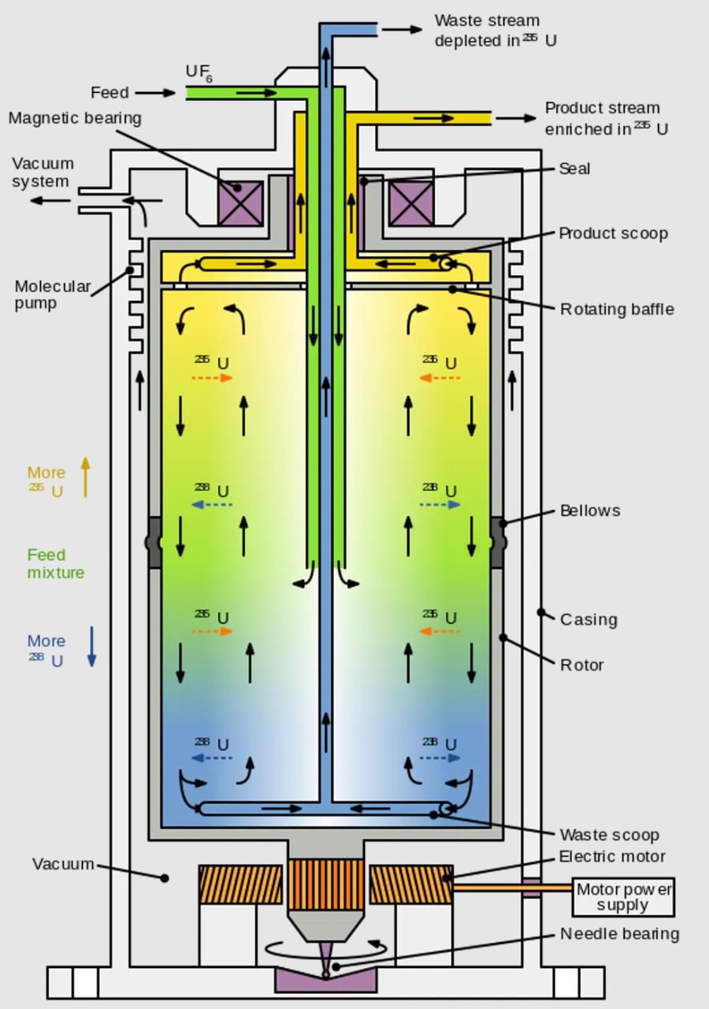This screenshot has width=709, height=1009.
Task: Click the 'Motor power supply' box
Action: [623, 897]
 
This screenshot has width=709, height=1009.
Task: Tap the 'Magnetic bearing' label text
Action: [75, 118]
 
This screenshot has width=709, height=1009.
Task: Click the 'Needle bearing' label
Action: [619, 934]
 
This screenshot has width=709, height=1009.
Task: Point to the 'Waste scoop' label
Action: [609, 835]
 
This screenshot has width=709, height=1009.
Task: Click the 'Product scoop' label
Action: [613, 234]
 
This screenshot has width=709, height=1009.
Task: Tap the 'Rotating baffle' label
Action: [617, 309]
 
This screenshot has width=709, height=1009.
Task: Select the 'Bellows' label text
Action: [590, 510]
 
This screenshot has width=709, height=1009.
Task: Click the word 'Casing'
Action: [588, 619]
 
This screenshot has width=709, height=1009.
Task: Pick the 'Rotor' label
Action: [581, 665]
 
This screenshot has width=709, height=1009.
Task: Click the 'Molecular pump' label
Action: [53, 295]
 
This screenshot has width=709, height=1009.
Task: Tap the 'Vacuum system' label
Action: [43, 172]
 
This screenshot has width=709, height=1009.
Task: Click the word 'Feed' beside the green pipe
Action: [110, 93]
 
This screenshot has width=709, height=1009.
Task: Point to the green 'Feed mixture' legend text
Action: [56, 564]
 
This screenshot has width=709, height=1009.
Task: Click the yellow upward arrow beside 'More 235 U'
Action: [86, 477]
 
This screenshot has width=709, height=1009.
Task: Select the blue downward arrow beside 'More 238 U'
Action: [91, 647]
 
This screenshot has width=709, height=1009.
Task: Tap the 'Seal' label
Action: [574, 169]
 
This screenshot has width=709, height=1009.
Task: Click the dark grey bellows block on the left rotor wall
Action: [153, 543]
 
